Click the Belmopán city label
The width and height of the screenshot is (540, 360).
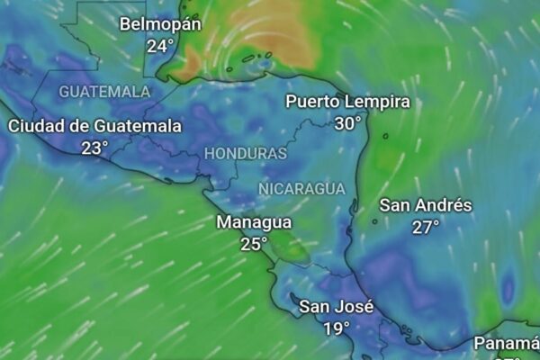(x=160, y=23)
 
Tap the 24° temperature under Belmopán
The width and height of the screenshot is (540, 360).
(x=160, y=45)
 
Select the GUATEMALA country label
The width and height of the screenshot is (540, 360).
(x=104, y=92)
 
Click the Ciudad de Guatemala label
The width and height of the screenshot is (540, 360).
(x=94, y=126)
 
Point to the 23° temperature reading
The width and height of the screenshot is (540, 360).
(x=94, y=148)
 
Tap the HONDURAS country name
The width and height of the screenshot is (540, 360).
(x=245, y=154)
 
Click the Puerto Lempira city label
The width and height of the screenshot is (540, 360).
(x=347, y=102)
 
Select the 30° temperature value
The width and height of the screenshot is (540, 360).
(x=347, y=123)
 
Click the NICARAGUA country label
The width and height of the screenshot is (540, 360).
(x=301, y=188)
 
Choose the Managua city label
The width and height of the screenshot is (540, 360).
(x=254, y=221)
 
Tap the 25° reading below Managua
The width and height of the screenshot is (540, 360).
(x=254, y=243)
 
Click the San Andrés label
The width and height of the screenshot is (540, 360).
(x=425, y=205)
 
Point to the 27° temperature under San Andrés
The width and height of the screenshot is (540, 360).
(x=426, y=227)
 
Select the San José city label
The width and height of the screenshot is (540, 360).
(x=336, y=307)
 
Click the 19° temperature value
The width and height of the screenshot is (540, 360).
(x=337, y=328)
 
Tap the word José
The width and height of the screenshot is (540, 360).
(x=355, y=307)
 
